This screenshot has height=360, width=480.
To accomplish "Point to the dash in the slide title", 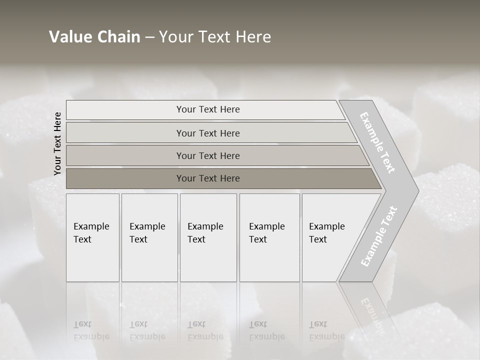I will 149,37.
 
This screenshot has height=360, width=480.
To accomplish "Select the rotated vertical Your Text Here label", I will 57,143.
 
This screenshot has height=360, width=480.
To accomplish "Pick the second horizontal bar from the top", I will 208,133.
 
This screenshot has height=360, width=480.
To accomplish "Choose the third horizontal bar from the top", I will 208,155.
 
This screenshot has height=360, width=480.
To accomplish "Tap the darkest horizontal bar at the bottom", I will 208,178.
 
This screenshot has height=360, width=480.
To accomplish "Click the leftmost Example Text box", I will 92,237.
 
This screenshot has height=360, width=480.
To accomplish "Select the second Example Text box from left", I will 149,237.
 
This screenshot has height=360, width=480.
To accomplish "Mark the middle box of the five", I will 208,237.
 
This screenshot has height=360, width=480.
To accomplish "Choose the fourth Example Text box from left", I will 269,237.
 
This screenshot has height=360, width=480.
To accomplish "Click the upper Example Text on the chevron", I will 377,142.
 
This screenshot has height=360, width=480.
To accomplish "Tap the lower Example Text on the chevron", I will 379,236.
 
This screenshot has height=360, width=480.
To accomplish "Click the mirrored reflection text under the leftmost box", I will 91,331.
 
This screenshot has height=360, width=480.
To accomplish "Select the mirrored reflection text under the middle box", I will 205,331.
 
